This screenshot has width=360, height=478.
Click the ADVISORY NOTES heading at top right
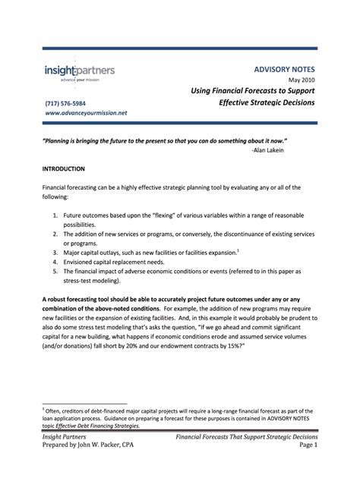(x=285, y=68)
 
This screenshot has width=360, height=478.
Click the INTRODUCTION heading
(x=63, y=168)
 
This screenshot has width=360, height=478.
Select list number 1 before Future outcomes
(x=56, y=215)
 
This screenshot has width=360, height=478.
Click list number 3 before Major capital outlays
(x=56, y=252)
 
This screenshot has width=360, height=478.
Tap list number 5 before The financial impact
(x=56, y=270)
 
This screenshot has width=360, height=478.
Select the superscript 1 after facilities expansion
(x=238, y=250)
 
